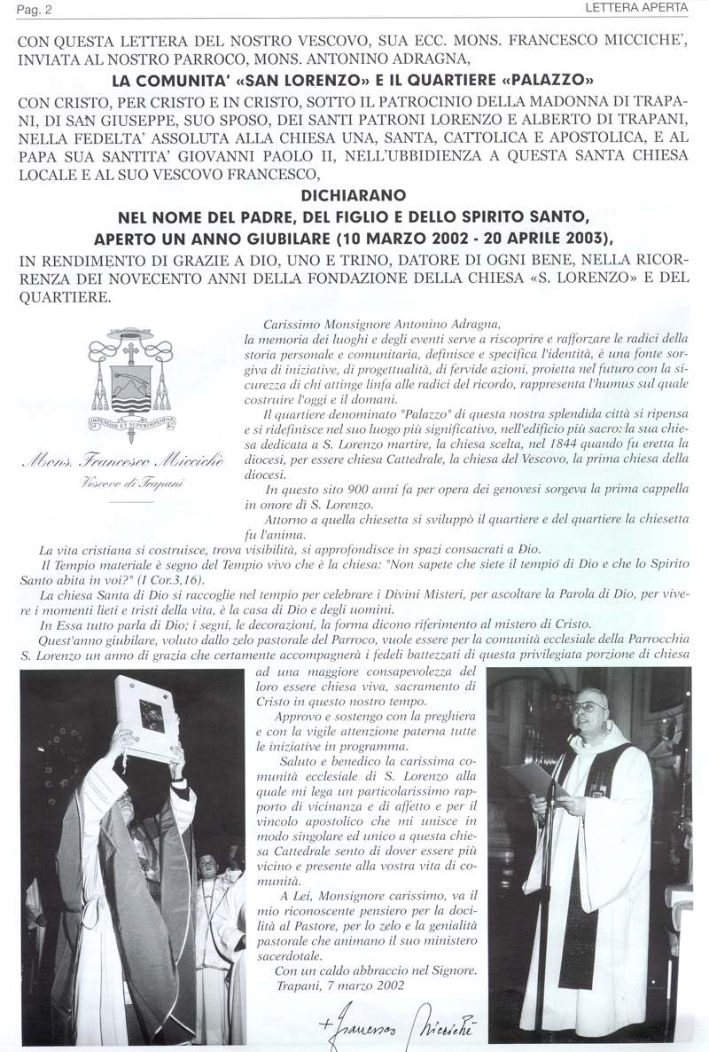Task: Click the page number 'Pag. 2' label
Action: tap(20, 8)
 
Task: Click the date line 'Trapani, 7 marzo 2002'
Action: tap(327, 985)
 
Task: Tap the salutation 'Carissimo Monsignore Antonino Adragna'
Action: tap(383, 325)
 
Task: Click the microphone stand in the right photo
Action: tap(542, 887)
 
